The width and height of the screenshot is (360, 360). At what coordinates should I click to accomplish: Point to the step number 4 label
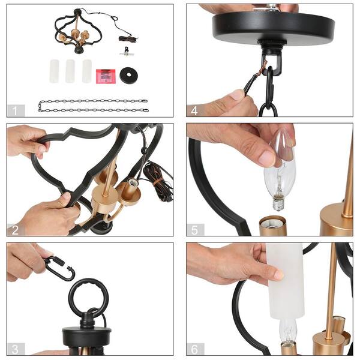[195, 110]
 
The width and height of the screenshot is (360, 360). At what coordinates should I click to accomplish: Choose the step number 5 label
[195, 229]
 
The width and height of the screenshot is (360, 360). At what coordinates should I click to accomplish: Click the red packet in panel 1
[106, 76]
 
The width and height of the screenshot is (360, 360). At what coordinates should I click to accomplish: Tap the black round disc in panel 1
[128, 75]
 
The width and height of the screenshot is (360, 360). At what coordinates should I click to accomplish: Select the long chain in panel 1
[92, 106]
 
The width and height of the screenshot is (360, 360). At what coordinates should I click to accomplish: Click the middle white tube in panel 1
[70, 71]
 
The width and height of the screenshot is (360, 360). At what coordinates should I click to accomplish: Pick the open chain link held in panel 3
[59, 268]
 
